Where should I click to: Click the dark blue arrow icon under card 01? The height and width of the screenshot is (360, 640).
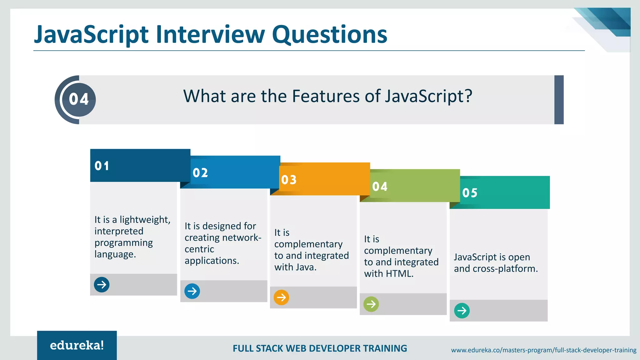[x=102, y=285]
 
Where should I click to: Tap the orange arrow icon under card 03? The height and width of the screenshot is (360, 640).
[x=281, y=297]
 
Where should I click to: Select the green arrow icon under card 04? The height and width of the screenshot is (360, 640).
[x=371, y=304]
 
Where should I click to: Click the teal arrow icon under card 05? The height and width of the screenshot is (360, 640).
[x=462, y=311]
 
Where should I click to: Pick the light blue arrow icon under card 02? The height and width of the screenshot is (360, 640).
[x=192, y=291]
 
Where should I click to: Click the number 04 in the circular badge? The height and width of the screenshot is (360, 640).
[x=79, y=99]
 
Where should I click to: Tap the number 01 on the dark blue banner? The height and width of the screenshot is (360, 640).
[x=102, y=166]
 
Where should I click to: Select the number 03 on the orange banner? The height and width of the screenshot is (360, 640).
[x=289, y=180]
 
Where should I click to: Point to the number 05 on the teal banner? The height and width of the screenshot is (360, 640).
[x=470, y=193]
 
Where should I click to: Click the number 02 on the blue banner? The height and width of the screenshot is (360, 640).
[x=200, y=173]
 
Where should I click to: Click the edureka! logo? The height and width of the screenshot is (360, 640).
[x=77, y=345]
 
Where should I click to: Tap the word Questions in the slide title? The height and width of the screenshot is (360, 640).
[x=329, y=34]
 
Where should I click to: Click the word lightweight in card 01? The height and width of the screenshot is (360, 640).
[x=145, y=220]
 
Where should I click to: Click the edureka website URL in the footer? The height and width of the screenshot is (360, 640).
[x=543, y=350]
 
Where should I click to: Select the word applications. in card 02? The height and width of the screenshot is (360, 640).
[x=212, y=261]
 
